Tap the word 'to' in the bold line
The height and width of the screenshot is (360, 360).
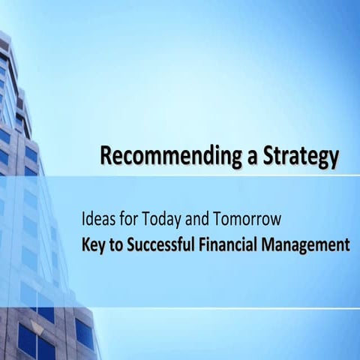point(116,244)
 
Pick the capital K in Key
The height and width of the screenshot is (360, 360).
point(86,244)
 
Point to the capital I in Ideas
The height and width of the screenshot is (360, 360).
point(84,220)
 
